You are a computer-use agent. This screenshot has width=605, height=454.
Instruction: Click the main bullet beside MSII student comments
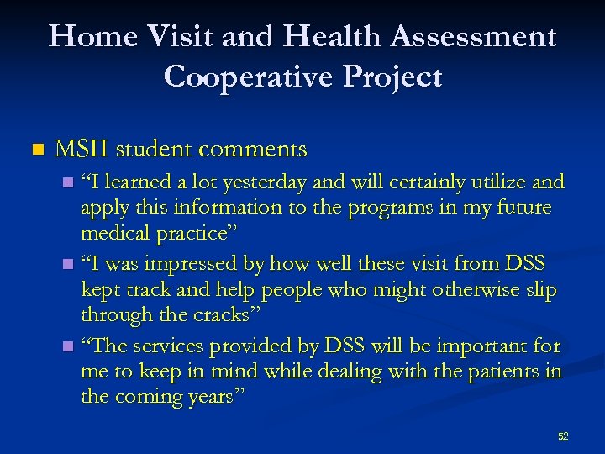(34, 150)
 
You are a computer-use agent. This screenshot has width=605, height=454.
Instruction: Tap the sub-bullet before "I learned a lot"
(68, 183)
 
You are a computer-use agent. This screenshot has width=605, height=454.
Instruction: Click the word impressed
(193, 266)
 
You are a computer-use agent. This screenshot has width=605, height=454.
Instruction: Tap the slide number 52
(563, 436)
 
